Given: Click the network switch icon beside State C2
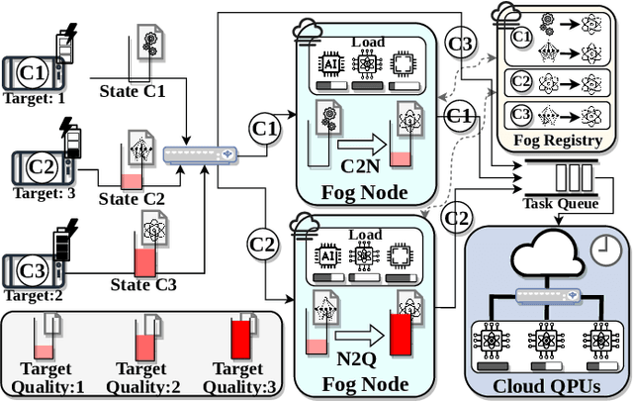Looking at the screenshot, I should point(201,154).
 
